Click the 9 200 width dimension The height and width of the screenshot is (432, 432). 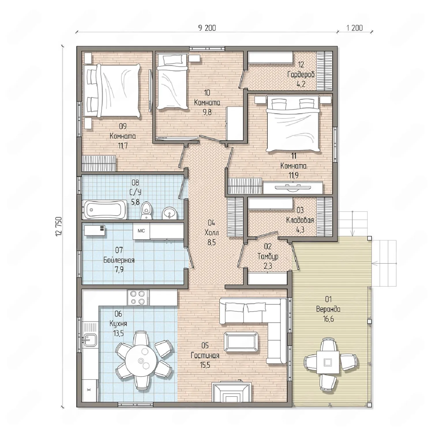click(x=207, y=28)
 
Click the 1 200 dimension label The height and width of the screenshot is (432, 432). click(x=354, y=28)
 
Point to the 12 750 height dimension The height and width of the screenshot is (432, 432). click(x=59, y=226)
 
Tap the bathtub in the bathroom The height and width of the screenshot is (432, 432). click(x=105, y=209)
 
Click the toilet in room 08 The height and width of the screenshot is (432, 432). click(x=146, y=210)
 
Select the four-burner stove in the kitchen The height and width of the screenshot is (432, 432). click(x=138, y=298)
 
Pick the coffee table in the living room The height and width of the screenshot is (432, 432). click(x=241, y=342)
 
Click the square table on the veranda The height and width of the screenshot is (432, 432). click(x=328, y=362)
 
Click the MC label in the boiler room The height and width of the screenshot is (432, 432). click(x=141, y=231)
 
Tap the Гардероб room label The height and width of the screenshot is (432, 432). click(x=301, y=75)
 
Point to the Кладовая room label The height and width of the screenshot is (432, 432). click(x=300, y=220)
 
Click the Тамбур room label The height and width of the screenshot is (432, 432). click(x=268, y=256)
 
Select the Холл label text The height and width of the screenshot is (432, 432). click(x=211, y=232)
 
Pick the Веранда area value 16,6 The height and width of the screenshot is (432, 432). click(x=328, y=319)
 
